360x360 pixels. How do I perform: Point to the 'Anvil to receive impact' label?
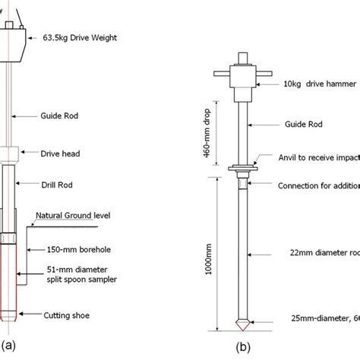[x=314, y=158]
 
